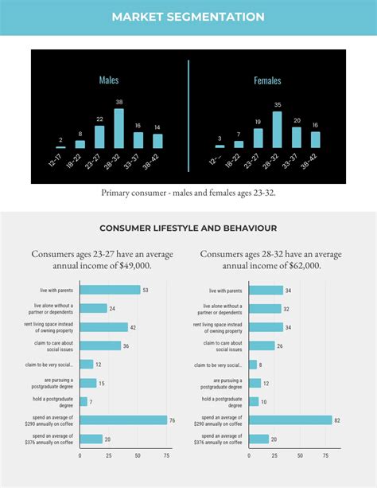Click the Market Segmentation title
tap(188, 16)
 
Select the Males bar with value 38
tap(119, 128)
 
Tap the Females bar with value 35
tap(277, 130)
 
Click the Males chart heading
tap(109, 80)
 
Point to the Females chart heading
tap(267, 80)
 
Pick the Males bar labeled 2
tap(61, 146)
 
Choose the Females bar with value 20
tap(297, 138)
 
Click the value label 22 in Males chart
tap(99, 119)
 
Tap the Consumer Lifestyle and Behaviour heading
tap(188, 228)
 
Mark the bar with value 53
tap(110, 291)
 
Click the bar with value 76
tap(123, 420)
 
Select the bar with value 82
tap(290, 420)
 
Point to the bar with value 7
tap(84, 401)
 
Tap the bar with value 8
tap(253, 365)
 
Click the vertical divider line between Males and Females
tap(188, 115)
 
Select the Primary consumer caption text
tap(188, 193)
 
